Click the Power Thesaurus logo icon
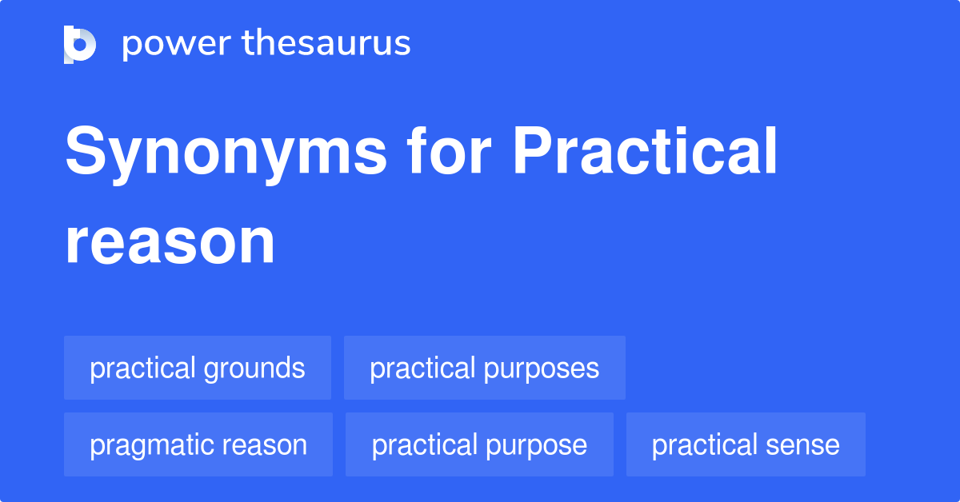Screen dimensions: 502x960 80,44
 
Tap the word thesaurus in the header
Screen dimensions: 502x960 326,44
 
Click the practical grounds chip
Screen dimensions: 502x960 198,369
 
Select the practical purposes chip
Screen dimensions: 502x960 484,369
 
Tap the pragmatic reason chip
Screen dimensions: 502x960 198,445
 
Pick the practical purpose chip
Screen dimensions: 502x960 479,445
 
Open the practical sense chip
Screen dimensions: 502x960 746,445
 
